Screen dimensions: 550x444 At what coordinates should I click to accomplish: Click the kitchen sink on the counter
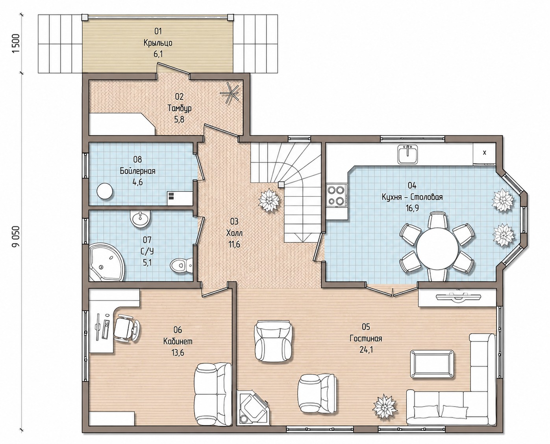click(x=407, y=155)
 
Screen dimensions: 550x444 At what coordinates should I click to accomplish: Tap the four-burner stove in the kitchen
click(x=336, y=195)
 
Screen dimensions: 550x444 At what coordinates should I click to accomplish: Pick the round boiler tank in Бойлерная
click(x=104, y=191)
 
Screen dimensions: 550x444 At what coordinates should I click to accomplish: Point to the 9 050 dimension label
click(x=17, y=236)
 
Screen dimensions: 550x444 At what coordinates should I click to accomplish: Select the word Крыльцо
click(x=158, y=43)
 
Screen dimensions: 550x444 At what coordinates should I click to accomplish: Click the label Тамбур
click(x=180, y=108)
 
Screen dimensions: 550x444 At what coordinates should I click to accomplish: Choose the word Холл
click(x=234, y=233)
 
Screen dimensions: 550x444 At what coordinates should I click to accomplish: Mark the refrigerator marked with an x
click(x=484, y=153)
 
